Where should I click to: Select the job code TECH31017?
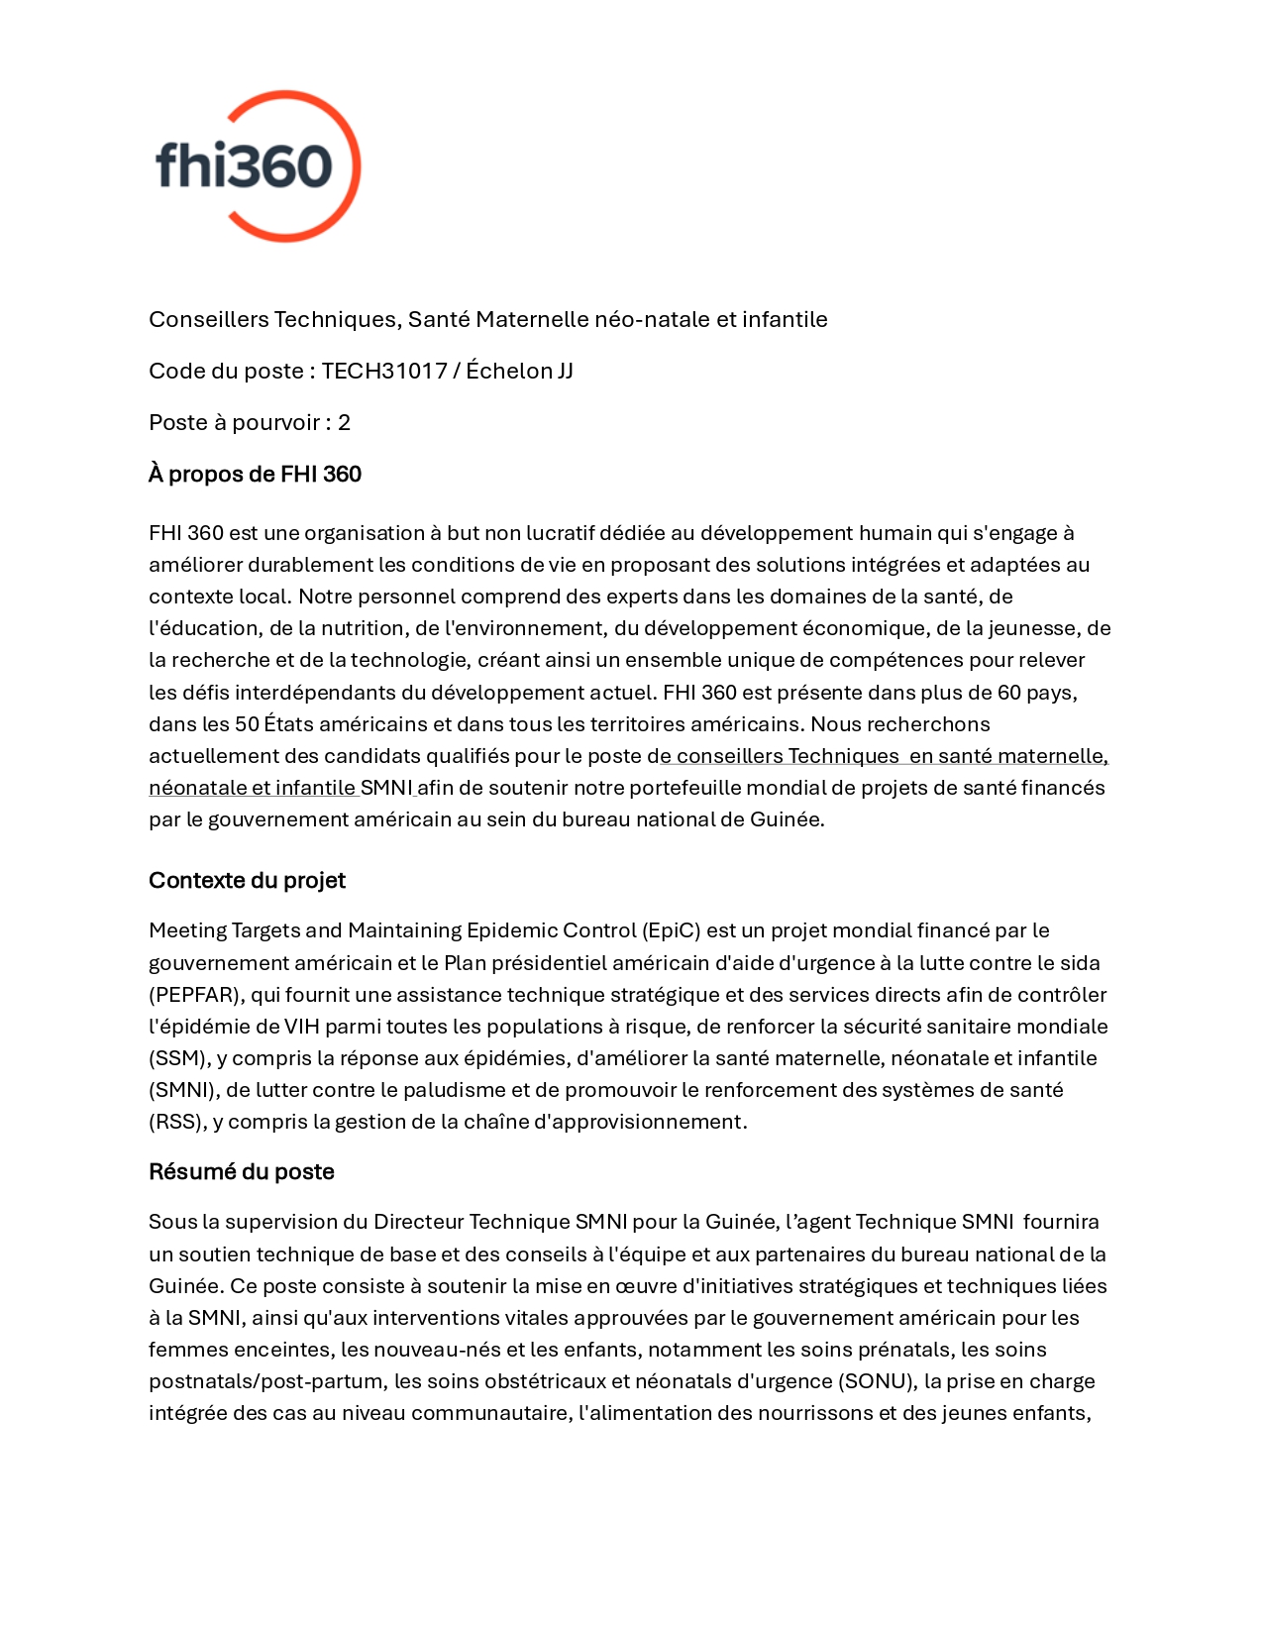tap(384, 371)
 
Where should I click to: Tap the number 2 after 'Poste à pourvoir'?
tap(344, 422)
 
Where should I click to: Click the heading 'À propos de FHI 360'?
tap(255, 474)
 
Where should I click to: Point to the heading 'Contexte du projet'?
tap(247, 880)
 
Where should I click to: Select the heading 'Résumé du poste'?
tap(241, 1171)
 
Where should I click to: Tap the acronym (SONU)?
tap(876, 1380)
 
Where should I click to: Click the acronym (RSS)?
tap(175, 1121)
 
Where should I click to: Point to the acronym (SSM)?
tap(176, 1057)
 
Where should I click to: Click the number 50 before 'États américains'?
tap(247, 723)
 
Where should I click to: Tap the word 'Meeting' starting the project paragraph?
tap(187, 930)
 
